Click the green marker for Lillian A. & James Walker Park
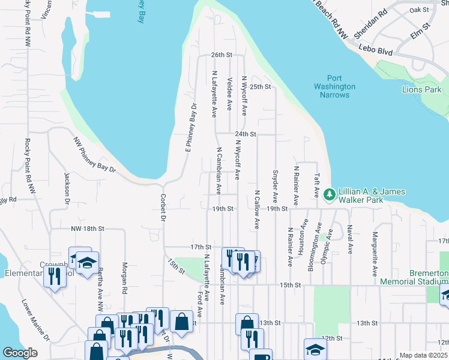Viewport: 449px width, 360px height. click(329, 194)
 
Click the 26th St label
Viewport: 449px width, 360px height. click(221, 55)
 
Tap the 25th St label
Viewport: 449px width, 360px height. click(261, 86)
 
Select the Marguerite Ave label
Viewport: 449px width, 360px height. click(375, 250)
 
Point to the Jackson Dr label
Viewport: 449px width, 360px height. click(67, 188)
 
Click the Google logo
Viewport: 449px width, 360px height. click(20, 353)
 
